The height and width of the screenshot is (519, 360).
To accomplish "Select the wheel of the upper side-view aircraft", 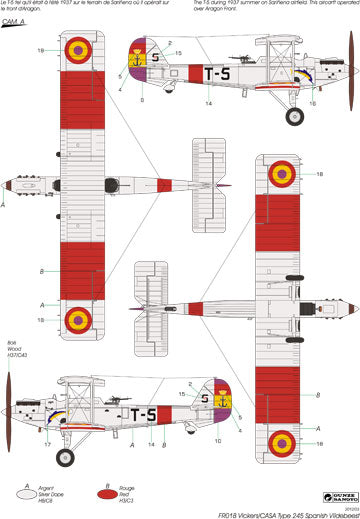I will pos(294,116).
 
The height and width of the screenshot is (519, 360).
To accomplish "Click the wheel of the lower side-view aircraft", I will pos(65,457).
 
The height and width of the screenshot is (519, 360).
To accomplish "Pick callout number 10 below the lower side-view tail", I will pos(219,441).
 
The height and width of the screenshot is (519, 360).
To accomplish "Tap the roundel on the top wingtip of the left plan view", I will pos(77,49).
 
